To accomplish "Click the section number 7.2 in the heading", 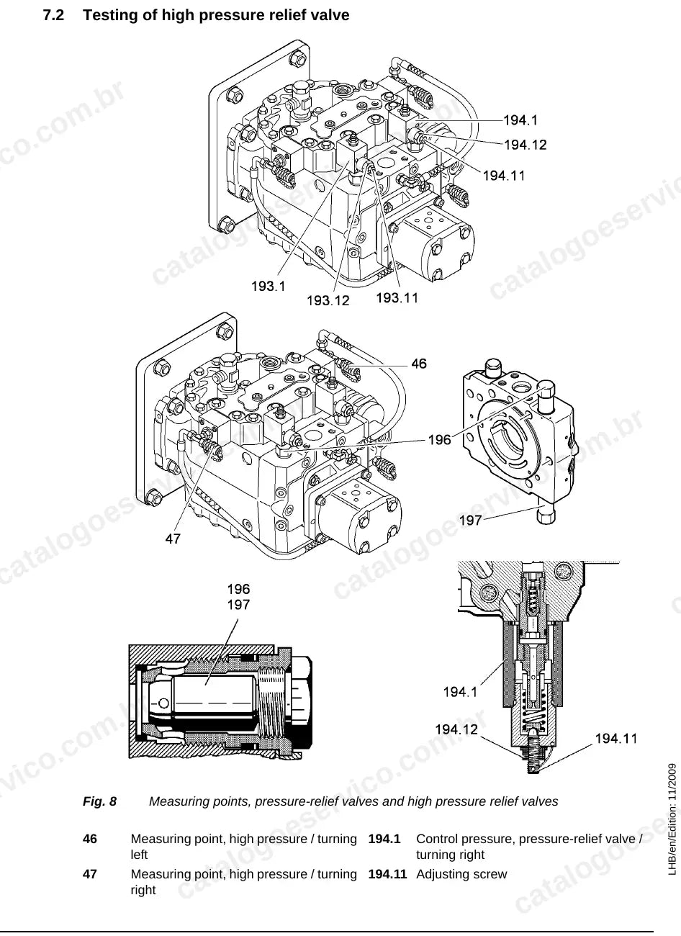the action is [x=53, y=15].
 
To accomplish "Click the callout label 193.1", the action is [x=269, y=287].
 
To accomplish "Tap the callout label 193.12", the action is [x=328, y=300].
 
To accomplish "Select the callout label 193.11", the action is [x=397, y=297].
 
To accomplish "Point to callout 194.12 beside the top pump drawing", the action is [x=526, y=145].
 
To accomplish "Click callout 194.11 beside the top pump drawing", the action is [x=504, y=175].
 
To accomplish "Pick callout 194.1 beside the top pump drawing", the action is [x=520, y=120].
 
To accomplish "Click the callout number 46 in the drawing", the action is [x=419, y=364].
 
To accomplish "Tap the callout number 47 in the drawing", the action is [x=173, y=539].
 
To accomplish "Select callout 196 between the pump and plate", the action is [x=440, y=440].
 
